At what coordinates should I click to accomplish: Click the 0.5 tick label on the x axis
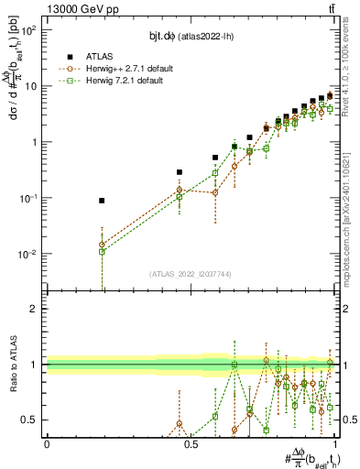pyautogui.click(x=191, y=444)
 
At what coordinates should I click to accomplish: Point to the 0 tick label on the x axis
pyautogui.click(x=47, y=444)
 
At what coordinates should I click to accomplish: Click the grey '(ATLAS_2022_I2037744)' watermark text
pyautogui.click(x=191, y=273)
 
